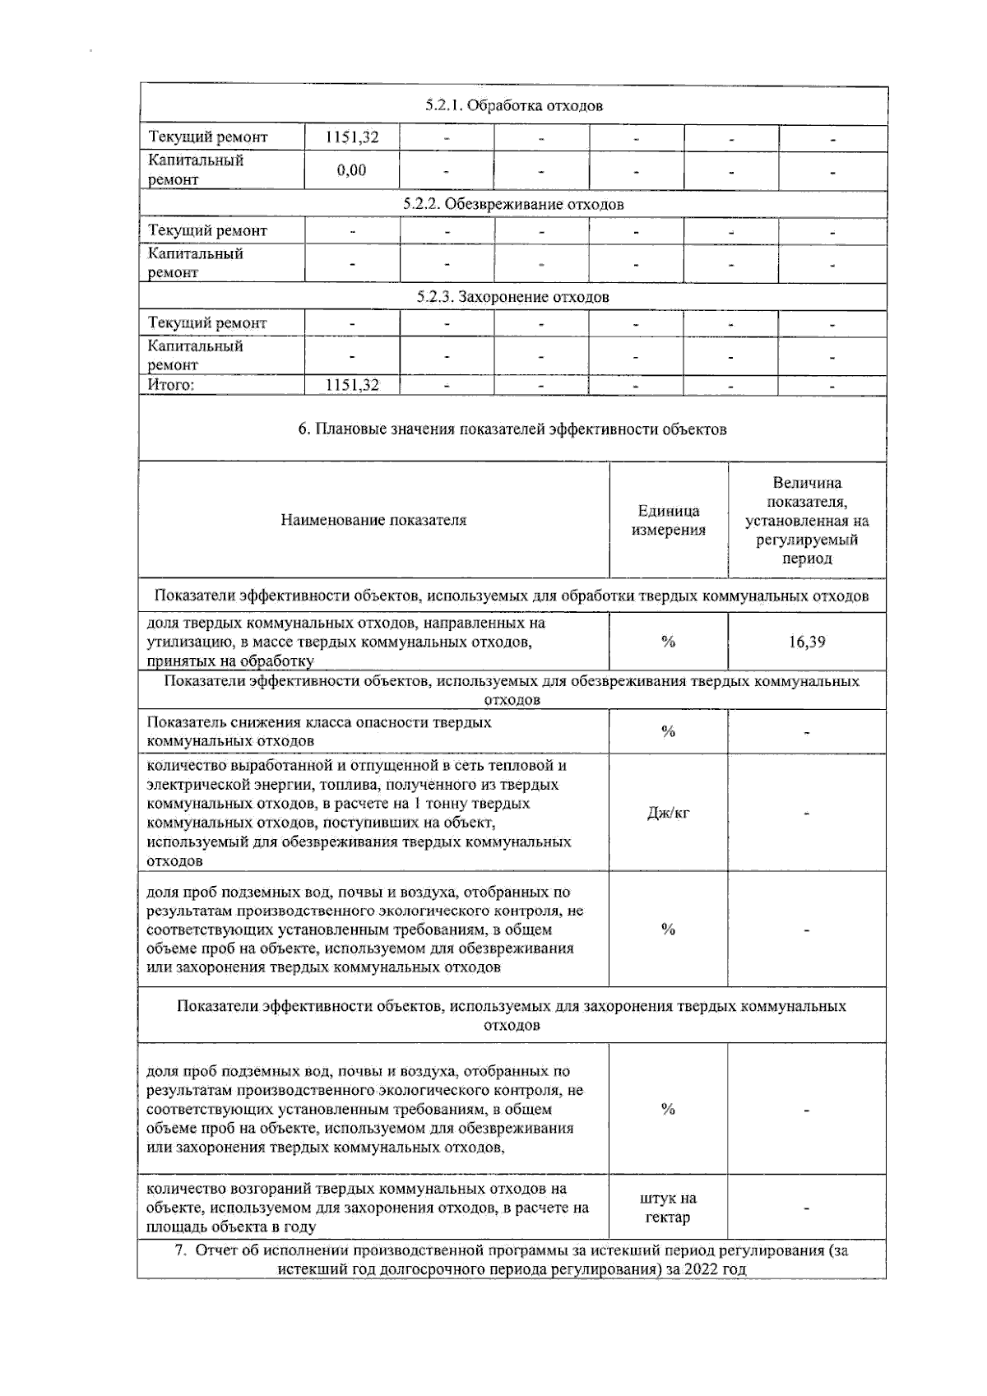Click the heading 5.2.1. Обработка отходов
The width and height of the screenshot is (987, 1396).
click(x=513, y=106)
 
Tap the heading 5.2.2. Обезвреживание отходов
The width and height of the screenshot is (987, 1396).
click(x=513, y=204)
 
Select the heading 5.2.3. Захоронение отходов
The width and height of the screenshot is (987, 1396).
click(x=513, y=297)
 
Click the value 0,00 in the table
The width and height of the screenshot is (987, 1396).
click(x=351, y=170)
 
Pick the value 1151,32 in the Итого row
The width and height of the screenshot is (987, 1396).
click(x=351, y=385)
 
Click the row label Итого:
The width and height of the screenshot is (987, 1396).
click(x=170, y=385)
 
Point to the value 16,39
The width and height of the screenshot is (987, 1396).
click(x=806, y=642)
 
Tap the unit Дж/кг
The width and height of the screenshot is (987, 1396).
click(x=668, y=813)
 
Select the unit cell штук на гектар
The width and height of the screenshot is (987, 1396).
click(x=668, y=1208)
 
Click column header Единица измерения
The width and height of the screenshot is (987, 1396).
click(x=668, y=520)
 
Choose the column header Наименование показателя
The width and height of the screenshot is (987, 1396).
click(x=373, y=520)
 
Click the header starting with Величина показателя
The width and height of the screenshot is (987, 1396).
click(x=806, y=520)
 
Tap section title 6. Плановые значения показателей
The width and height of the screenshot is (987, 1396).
click(x=513, y=429)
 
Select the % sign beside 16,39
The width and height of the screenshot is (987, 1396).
click(x=668, y=642)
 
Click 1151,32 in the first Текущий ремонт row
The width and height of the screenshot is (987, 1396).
click(x=351, y=137)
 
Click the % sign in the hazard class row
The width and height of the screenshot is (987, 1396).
click(x=668, y=731)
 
